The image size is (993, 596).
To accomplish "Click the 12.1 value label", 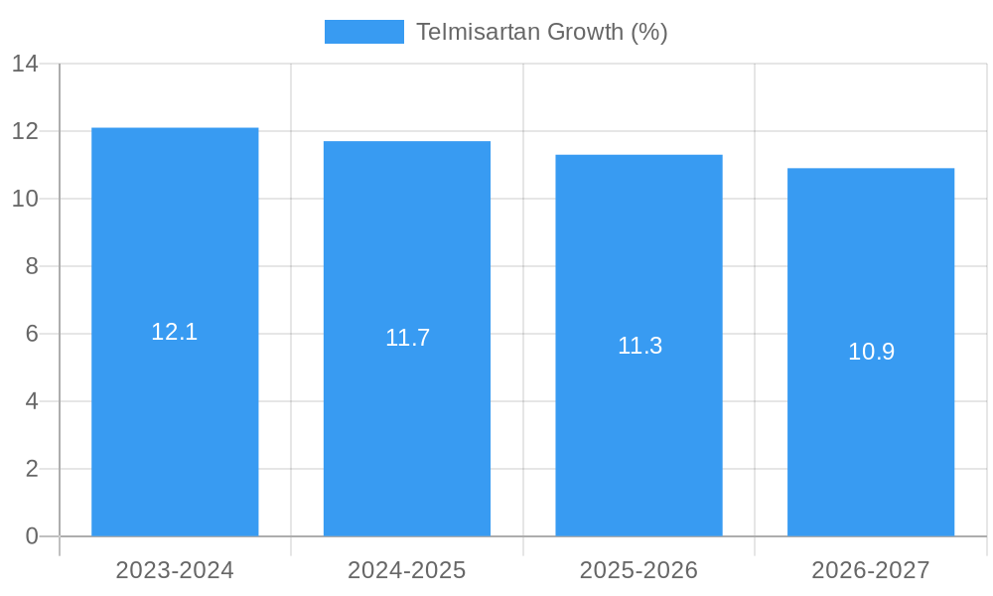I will (x=175, y=332).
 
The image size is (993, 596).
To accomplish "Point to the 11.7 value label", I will (x=407, y=338).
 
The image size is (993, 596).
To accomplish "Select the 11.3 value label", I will (x=639, y=346).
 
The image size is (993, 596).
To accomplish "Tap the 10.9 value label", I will (x=871, y=352).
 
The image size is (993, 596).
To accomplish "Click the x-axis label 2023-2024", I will (x=175, y=570).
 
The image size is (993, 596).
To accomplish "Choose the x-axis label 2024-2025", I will (x=407, y=570).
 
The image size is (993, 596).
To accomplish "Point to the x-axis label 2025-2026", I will (x=638, y=570).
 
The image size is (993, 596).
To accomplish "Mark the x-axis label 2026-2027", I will (x=871, y=570).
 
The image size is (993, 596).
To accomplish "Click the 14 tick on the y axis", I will (x=25, y=64).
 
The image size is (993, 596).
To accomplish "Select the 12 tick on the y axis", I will (x=25, y=131).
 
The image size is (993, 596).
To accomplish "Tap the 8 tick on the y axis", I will (x=32, y=266).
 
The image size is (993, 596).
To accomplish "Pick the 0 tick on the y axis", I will (x=32, y=536).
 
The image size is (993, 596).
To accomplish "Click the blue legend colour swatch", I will (x=363, y=32).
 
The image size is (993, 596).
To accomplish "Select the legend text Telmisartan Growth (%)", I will (x=541, y=32).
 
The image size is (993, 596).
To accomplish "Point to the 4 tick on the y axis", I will (x=32, y=401).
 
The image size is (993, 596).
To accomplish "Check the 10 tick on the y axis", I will (x=25, y=199).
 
